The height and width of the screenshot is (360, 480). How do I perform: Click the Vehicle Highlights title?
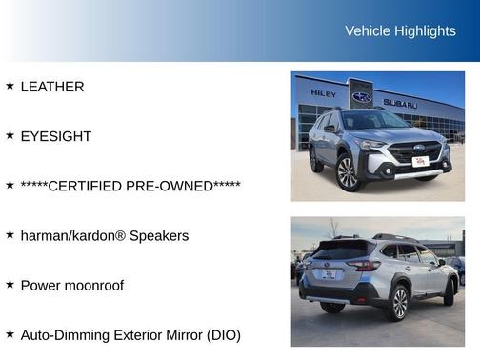[x=400, y=31]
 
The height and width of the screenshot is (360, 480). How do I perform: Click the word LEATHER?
[x=52, y=87]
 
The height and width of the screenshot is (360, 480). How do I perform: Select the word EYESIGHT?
[x=56, y=136]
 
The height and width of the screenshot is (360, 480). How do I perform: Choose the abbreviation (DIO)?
[x=221, y=334]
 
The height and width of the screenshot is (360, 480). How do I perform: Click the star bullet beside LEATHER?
[x=10, y=86]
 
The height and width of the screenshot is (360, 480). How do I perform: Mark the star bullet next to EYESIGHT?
[x=10, y=135]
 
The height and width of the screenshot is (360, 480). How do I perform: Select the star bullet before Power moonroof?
[x=10, y=284]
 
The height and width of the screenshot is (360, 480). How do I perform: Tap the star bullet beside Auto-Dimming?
[x=10, y=333]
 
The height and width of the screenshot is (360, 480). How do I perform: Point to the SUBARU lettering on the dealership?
[x=400, y=103]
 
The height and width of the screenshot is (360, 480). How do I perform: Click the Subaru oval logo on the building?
[x=362, y=97]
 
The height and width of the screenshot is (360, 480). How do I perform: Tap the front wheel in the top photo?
[x=347, y=172]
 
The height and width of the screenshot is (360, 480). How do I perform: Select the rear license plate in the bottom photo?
[x=329, y=274]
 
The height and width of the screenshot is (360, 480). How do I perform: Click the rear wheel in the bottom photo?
[x=395, y=303]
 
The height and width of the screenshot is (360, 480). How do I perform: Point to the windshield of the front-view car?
[x=374, y=121]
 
